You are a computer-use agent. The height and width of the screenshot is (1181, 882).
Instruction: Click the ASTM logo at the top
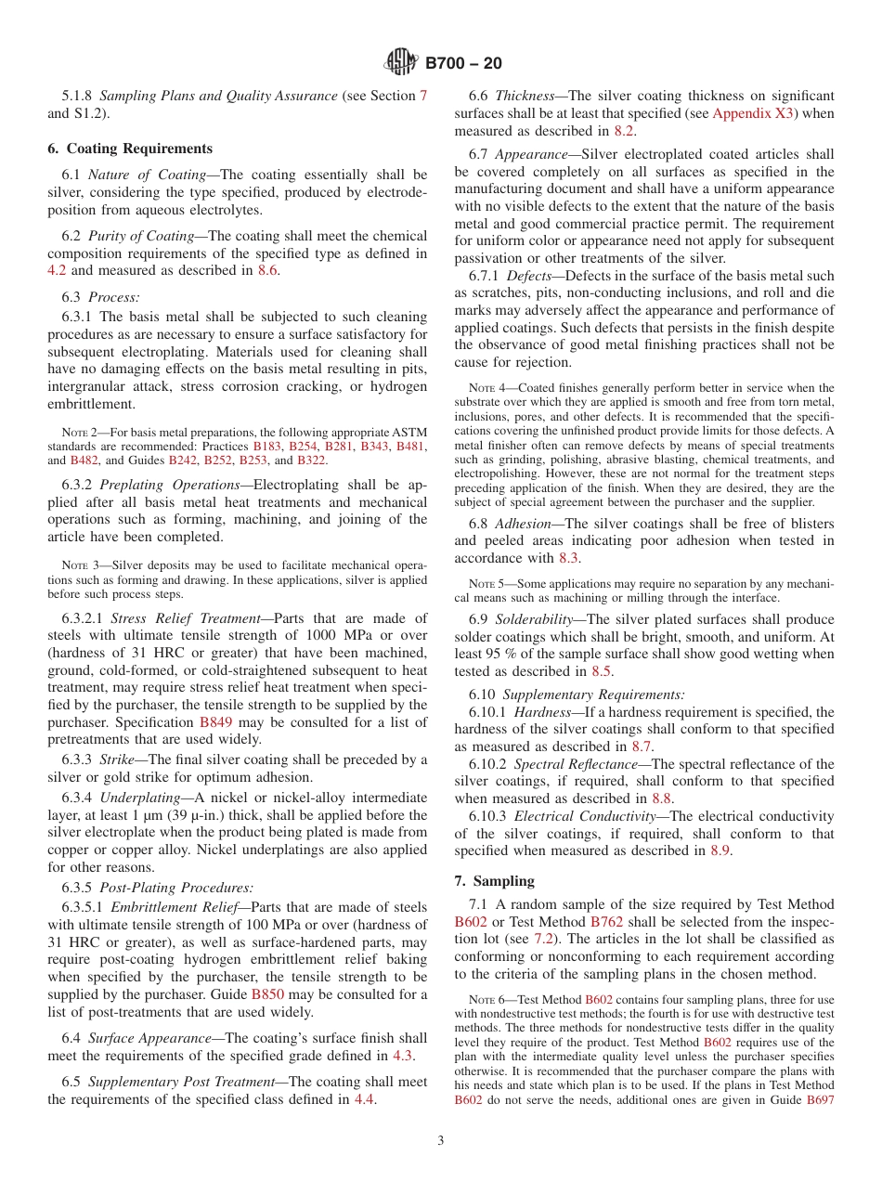(x=401, y=63)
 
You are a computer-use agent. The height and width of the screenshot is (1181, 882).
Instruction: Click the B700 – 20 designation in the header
(x=463, y=63)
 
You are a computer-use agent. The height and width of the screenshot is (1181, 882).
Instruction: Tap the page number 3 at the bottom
(x=441, y=1140)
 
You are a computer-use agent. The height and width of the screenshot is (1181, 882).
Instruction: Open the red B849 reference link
(x=215, y=721)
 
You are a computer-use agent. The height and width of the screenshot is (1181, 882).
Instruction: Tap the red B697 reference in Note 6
(x=820, y=1099)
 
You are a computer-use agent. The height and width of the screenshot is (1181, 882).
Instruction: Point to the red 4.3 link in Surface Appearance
(x=402, y=1056)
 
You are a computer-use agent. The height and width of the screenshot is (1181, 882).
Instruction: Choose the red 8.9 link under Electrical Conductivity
(x=720, y=850)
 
